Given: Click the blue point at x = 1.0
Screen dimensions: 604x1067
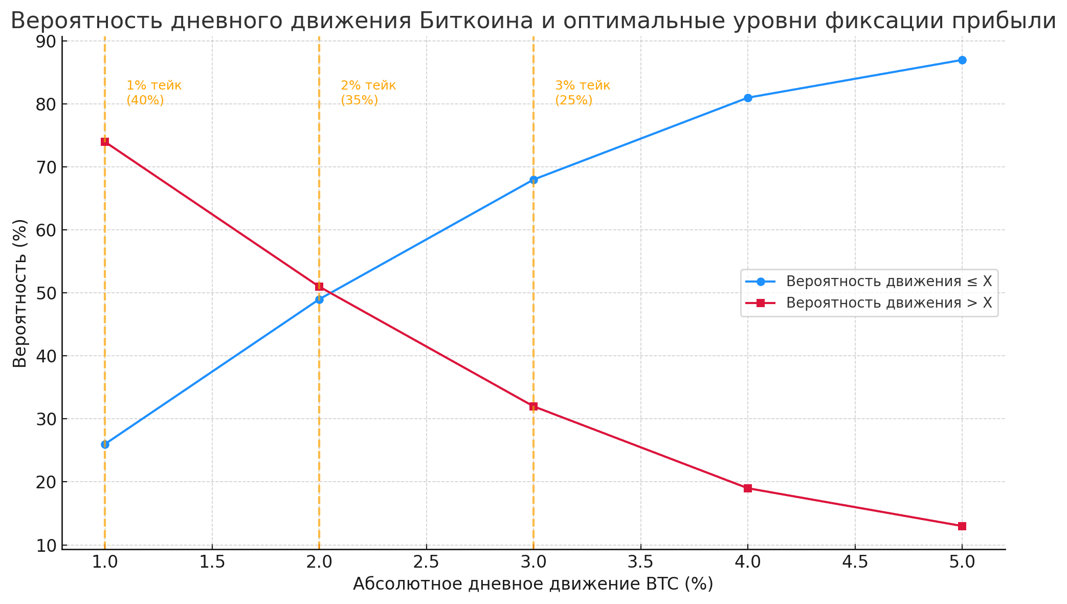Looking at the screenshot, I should (105, 444).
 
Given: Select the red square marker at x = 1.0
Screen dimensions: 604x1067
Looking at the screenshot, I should (105, 142).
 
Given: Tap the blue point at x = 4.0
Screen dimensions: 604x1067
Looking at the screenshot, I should (748, 98).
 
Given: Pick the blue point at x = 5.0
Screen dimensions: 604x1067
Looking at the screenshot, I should (962, 60).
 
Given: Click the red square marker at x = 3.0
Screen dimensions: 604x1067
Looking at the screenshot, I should (533, 406).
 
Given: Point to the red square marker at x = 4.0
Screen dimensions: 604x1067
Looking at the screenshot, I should (748, 488).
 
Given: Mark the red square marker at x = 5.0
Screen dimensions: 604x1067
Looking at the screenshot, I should (962, 526).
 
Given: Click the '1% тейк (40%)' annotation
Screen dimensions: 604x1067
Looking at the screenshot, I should (153, 93).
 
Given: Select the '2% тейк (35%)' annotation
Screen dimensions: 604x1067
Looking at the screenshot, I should (368, 93).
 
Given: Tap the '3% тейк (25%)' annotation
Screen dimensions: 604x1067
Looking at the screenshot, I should (582, 93).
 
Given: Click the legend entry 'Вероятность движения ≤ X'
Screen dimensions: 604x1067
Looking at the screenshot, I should (888, 282).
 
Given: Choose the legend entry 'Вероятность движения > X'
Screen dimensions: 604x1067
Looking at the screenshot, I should (888, 303).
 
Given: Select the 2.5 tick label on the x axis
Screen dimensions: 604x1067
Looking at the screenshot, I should (426, 563).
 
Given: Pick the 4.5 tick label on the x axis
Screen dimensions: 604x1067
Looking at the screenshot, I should (855, 563).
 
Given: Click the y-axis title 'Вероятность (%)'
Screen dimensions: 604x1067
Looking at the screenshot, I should (20, 293).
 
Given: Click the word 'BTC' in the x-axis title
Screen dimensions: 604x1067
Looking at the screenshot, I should (663, 584).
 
